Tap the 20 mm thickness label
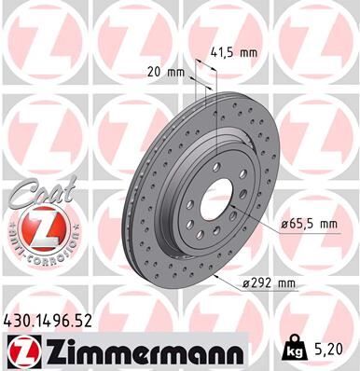pos(165,70)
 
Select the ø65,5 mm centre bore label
pos(307,224)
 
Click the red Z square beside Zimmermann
pos(22,350)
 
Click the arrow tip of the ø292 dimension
pos(214,276)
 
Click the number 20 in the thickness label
pos(155,70)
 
